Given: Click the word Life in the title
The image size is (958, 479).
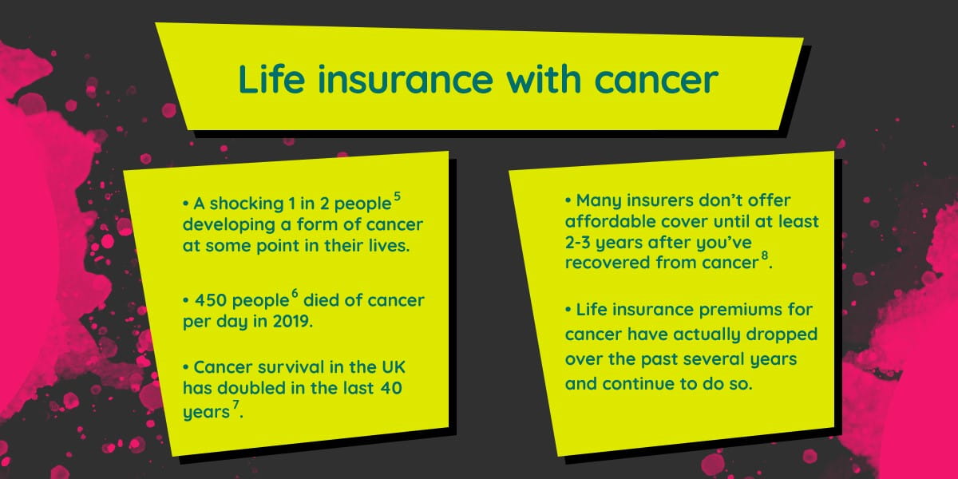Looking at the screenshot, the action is tap(271, 79).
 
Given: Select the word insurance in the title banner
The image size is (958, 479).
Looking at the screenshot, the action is tap(406, 79).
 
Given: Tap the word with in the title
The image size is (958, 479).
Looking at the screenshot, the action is tap(544, 79).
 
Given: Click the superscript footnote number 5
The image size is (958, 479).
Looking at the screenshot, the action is tap(398, 196).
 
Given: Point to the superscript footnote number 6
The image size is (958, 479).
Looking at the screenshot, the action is tap(295, 294).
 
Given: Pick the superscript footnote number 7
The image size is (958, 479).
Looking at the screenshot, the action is tap(236, 404).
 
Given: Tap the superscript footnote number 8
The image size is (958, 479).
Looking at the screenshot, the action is tap(765, 255).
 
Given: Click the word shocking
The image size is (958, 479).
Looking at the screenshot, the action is tap(247, 204).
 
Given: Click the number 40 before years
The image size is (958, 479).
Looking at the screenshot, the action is tap(390, 388).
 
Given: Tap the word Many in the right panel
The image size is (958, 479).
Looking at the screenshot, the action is tap(598, 200).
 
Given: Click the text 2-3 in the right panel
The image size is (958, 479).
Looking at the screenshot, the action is tap(578, 243).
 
